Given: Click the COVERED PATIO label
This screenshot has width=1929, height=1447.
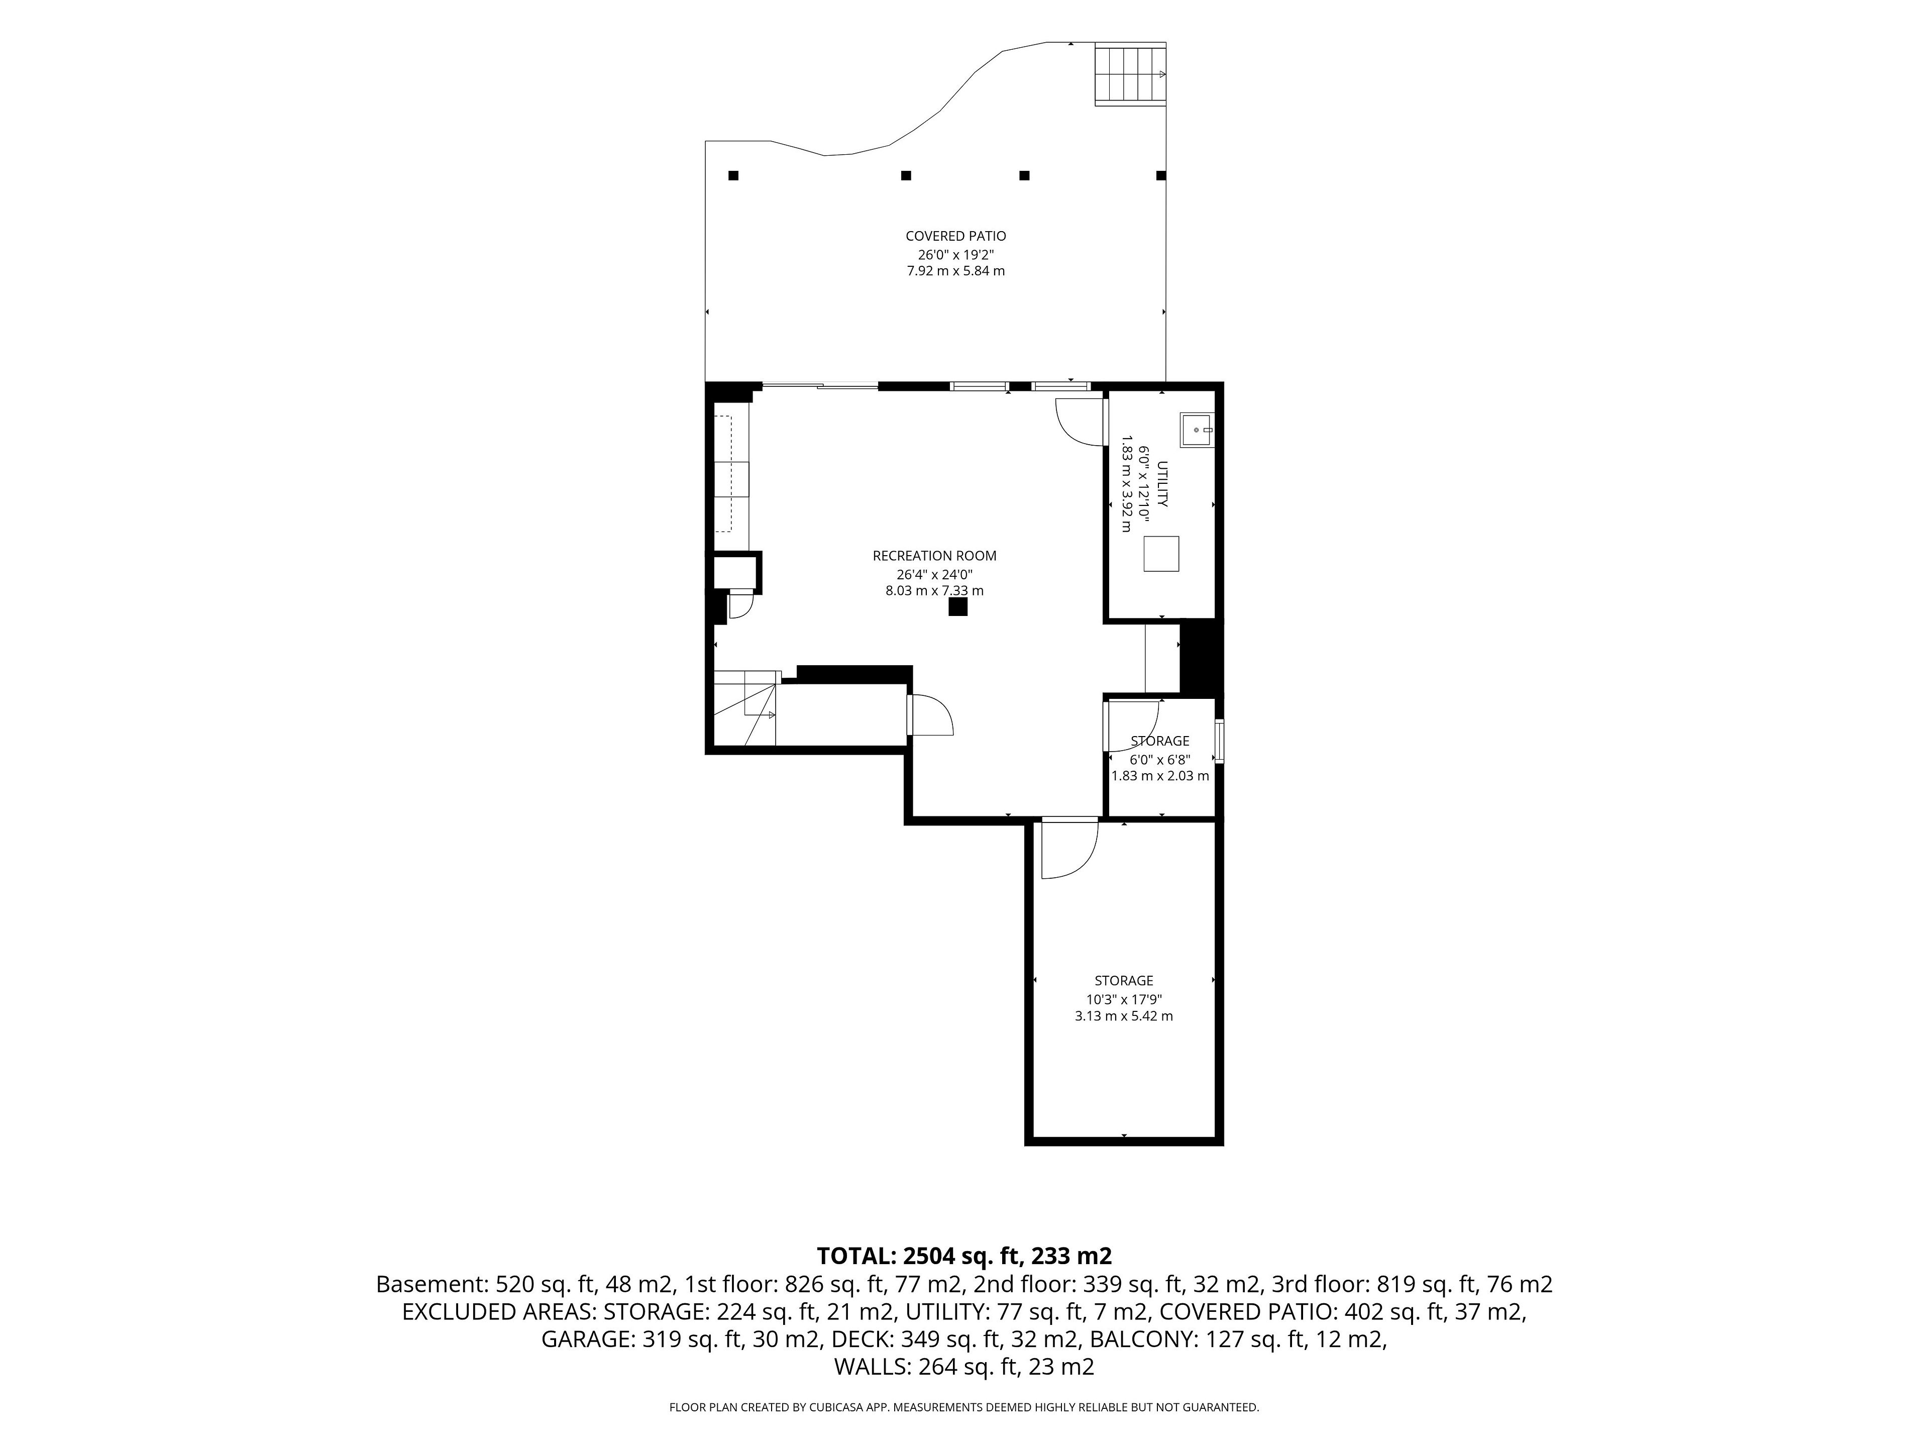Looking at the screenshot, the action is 956,236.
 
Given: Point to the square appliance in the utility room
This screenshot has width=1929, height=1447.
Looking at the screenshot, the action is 1161,554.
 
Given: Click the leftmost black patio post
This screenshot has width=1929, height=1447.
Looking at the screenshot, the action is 733,175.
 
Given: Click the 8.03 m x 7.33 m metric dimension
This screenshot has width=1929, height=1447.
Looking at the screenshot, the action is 934,590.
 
